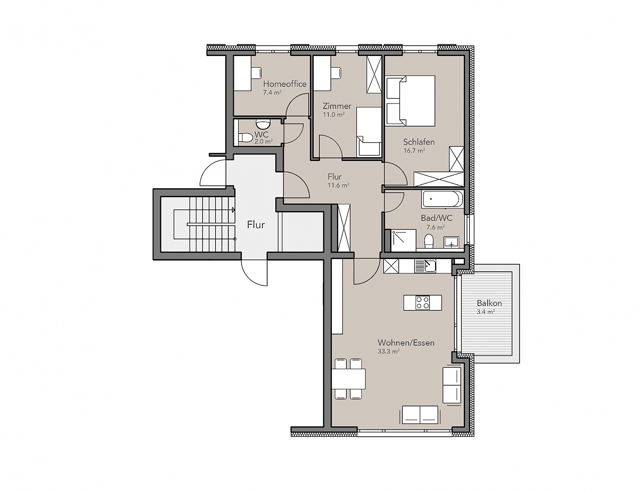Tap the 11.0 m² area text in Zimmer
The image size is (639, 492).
pos(334,115)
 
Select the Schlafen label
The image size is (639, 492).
pos(419,142)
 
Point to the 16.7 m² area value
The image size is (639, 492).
pos(414,151)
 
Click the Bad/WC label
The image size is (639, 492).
pos(437,218)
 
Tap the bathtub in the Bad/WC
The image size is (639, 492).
pos(441,199)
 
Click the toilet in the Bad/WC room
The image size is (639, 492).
pos(429,240)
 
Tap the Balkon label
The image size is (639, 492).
pos(489,303)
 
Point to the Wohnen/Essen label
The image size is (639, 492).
pos(406,343)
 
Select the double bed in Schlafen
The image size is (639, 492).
pos(411,101)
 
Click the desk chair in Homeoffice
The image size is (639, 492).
pos(256,72)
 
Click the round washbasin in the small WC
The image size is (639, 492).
pos(263,124)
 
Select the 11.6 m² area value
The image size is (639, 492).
pos(339,185)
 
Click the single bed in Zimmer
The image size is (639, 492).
pos(369,132)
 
